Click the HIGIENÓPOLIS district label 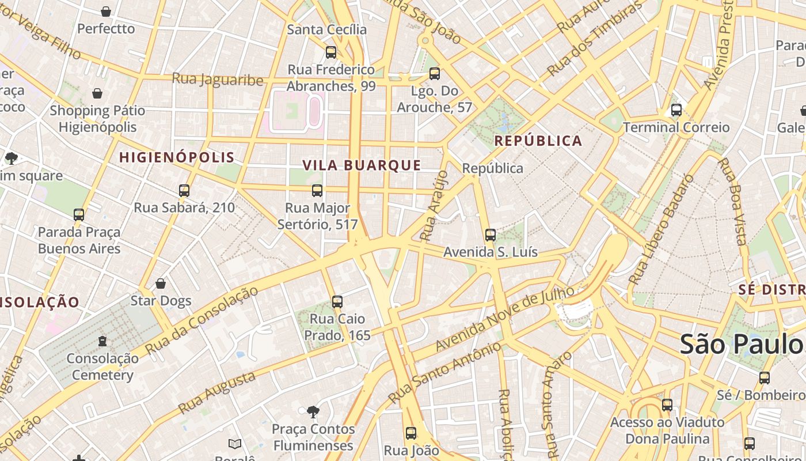[x=177, y=157]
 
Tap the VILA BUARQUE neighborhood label [x=362, y=165]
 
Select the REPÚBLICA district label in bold [x=538, y=141]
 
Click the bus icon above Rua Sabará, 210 [x=184, y=191]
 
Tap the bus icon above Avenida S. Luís [x=491, y=235]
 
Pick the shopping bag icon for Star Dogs [x=161, y=284]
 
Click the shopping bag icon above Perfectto [x=106, y=12]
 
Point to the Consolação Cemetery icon [x=102, y=342]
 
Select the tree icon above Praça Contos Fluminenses [x=313, y=412]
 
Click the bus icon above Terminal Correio [x=676, y=110]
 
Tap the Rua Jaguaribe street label [x=218, y=80]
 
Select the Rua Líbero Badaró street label [x=661, y=229]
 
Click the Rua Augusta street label [x=216, y=392]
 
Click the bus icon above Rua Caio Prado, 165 [x=337, y=302]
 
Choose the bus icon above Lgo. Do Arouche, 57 [x=435, y=74]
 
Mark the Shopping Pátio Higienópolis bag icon [x=97, y=93]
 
